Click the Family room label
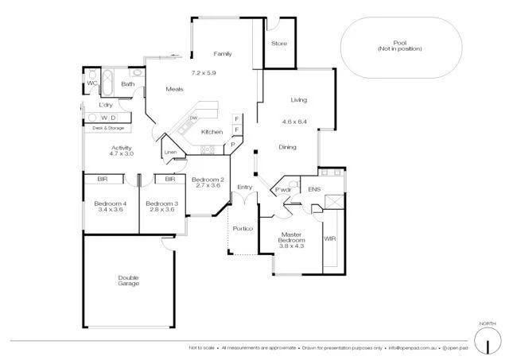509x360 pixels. (222, 54)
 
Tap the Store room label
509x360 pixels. (278, 43)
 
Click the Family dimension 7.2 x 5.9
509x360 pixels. (203, 73)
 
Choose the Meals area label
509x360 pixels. (174, 89)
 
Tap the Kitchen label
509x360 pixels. (211, 132)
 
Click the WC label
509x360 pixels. (92, 83)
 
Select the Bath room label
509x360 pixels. (127, 83)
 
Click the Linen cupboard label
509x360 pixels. (170, 152)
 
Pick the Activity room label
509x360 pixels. (121, 148)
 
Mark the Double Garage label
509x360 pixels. (128, 280)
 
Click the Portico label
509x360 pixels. (243, 229)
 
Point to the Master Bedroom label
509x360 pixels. (292, 238)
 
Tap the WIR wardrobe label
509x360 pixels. (329, 238)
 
